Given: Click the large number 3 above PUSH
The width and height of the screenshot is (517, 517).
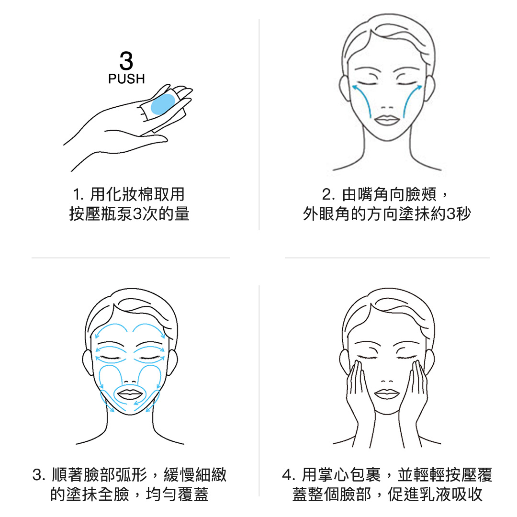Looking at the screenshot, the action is [x=126, y=61].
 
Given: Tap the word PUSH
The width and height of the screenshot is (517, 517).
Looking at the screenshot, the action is [x=126, y=79].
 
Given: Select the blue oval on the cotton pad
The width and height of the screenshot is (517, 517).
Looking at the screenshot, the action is [x=163, y=104].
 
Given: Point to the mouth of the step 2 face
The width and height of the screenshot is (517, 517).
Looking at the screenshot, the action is [x=387, y=120].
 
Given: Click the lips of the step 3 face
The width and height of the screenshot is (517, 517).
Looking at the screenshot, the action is [x=130, y=394].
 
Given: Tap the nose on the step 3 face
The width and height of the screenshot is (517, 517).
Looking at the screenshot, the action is [x=130, y=382].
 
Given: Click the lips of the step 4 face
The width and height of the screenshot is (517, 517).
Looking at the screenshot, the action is [x=387, y=393].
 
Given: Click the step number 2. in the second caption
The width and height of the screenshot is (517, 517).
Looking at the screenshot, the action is [x=328, y=194].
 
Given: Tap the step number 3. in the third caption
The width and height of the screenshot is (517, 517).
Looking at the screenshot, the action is [x=39, y=475].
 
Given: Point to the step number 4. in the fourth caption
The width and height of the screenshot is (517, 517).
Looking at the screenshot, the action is [x=289, y=475].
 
